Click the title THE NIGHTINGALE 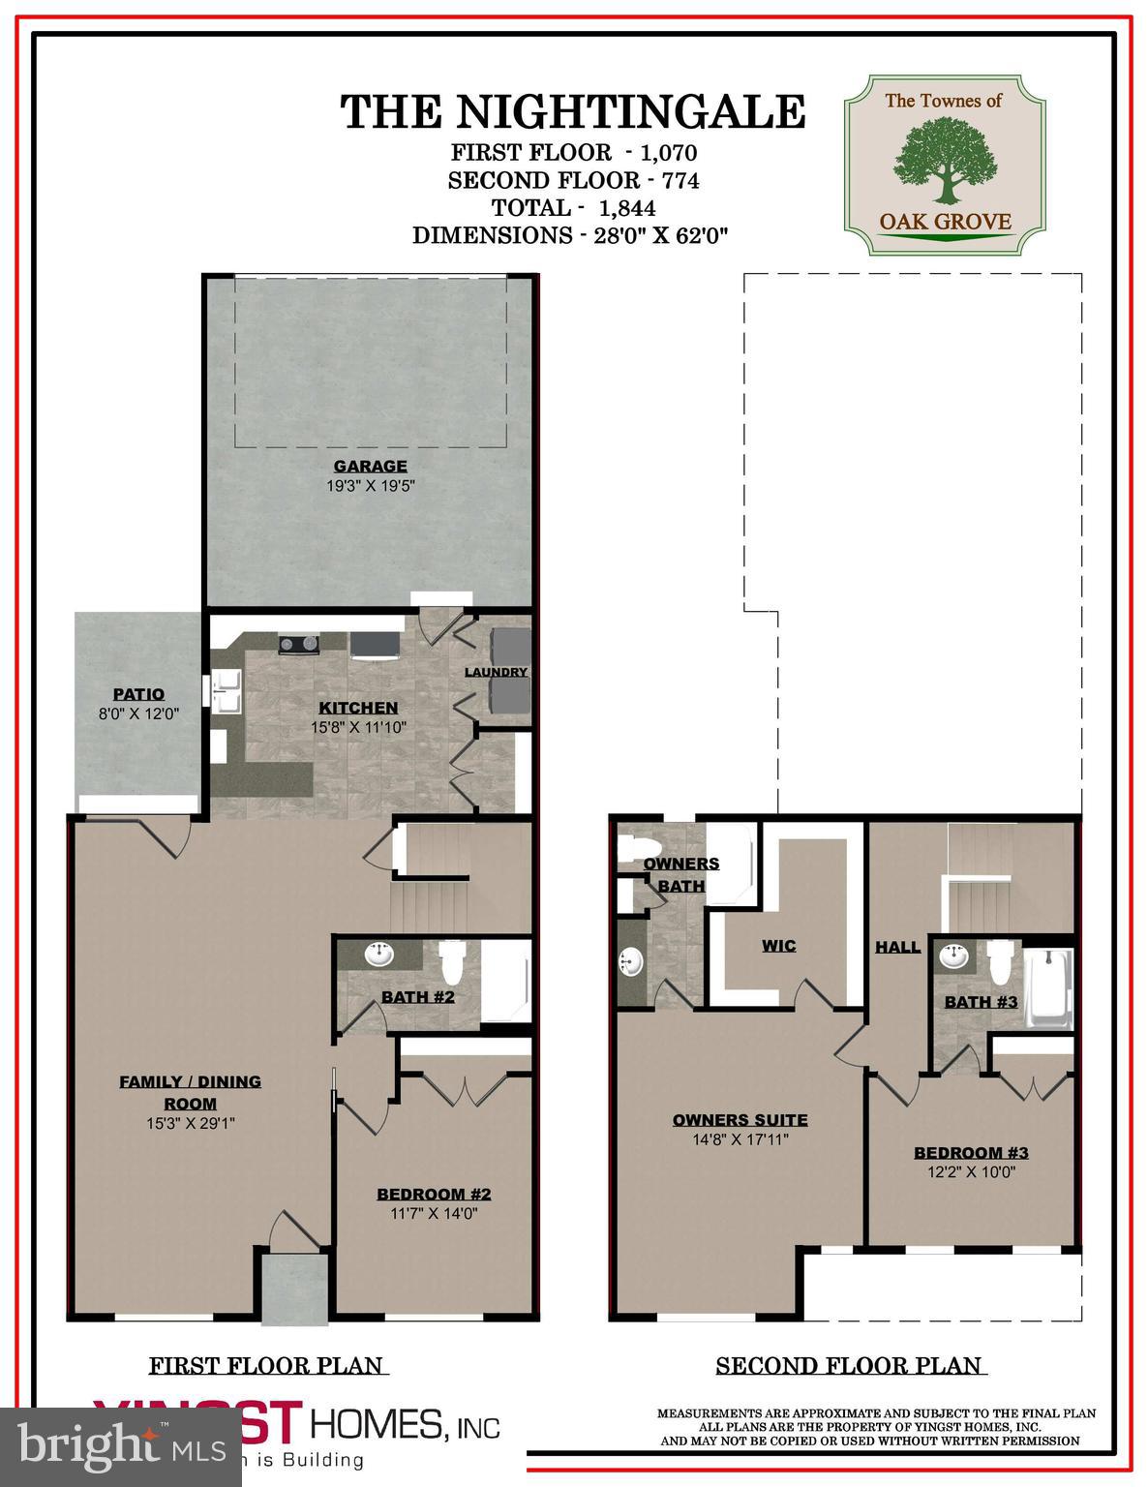click(x=573, y=111)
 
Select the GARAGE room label click(x=370, y=467)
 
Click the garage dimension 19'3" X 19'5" click(x=370, y=486)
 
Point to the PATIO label click(x=138, y=694)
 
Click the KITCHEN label click(x=358, y=708)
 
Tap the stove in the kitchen click(x=299, y=643)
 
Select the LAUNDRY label click(x=496, y=672)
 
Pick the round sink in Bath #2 click(x=378, y=956)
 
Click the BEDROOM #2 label click(x=434, y=1194)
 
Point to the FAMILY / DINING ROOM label click(x=190, y=1092)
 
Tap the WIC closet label click(x=778, y=946)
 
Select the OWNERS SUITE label click(x=740, y=1120)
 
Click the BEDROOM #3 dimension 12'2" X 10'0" click(x=971, y=1171)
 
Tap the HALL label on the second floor click(x=897, y=947)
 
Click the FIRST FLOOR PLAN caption click(x=266, y=1366)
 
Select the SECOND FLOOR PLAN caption click(x=849, y=1366)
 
